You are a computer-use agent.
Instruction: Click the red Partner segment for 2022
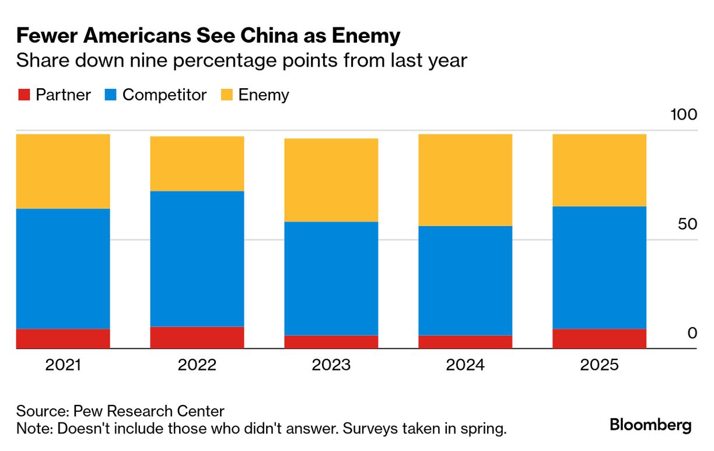[x=197, y=338]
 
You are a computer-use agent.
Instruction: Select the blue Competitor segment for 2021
[x=63, y=269]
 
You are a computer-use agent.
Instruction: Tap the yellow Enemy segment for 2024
[x=466, y=180]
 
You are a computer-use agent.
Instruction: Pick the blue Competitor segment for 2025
[x=599, y=268]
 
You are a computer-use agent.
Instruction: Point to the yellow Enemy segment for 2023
[x=331, y=180]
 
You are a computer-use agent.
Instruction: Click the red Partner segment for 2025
[x=599, y=339]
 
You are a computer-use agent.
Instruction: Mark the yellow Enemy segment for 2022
[x=197, y=164]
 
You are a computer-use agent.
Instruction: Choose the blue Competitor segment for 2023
[x=331, y=278]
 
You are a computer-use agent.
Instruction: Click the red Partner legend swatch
[x=23, y=95]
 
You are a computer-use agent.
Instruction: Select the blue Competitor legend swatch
[x=110, y=95]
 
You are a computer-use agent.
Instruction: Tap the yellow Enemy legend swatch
[x=226, y=95]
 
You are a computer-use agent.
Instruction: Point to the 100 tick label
[x=684, y=115]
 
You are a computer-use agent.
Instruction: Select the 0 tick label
[x=692, y=333]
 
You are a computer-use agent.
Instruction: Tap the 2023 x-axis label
[x=331, y=365]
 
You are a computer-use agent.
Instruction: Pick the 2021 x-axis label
[x=63, y=365]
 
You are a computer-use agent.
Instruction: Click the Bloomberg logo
[x=650, y=425]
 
